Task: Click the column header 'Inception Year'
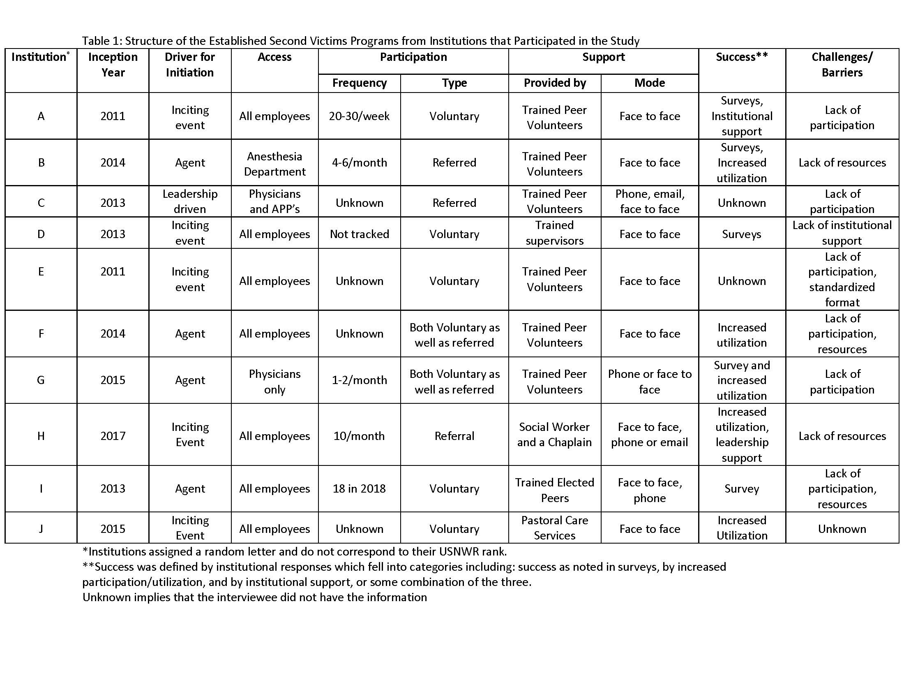(x=113, y=65)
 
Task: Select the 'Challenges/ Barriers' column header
(x=842, y=65)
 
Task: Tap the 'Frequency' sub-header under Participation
(x=359, y=83)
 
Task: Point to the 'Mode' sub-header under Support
(x=649, y=83)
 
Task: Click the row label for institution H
(x=41, y=435)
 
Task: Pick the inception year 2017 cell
(x=113, y=435)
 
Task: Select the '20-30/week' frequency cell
(x=359, y=116)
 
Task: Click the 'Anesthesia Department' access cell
(x=274, y=164)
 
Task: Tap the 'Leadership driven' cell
(x=190, y=201)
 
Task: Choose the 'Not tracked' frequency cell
(x=359, y=234)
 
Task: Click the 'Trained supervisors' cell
(x=554, y=233)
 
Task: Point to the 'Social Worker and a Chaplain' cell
(x=554, y=434)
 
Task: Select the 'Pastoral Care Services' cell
(x=554, y=528)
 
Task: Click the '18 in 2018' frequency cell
(x=359, y=488)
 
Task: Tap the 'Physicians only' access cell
(x=274, y=382)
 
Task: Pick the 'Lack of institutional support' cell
(x=842, y=233)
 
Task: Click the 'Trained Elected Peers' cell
(x=554, y=490)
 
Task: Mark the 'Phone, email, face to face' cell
(x=649, y=201)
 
